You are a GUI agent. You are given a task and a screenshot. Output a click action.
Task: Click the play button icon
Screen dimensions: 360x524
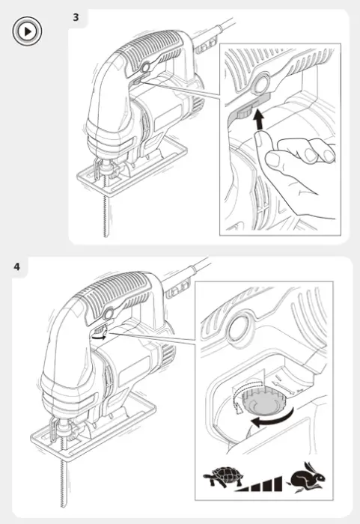pyautogui.click(x=27, y=31)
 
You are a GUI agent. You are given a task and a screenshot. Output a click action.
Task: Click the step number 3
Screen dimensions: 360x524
pyautogui.click(x=76, y=17)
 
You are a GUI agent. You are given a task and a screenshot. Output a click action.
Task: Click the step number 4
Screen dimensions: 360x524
pyautogui.click(x=16, y=266)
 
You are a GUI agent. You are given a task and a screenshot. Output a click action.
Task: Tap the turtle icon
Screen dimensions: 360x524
pyautogui.click(x=224, y=477)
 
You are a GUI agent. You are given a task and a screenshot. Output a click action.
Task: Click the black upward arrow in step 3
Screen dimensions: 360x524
pyautogui.click(x=258, y=121)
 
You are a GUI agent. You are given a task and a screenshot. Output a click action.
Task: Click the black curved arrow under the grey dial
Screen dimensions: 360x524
pyautogui.click(x=272, y=418)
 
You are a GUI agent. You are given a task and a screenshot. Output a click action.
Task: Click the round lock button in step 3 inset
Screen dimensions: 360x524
pyautogui.click(x=260, y=83)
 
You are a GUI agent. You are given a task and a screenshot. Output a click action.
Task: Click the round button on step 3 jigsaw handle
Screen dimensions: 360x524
pyautogui.click(x=145, y=67)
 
